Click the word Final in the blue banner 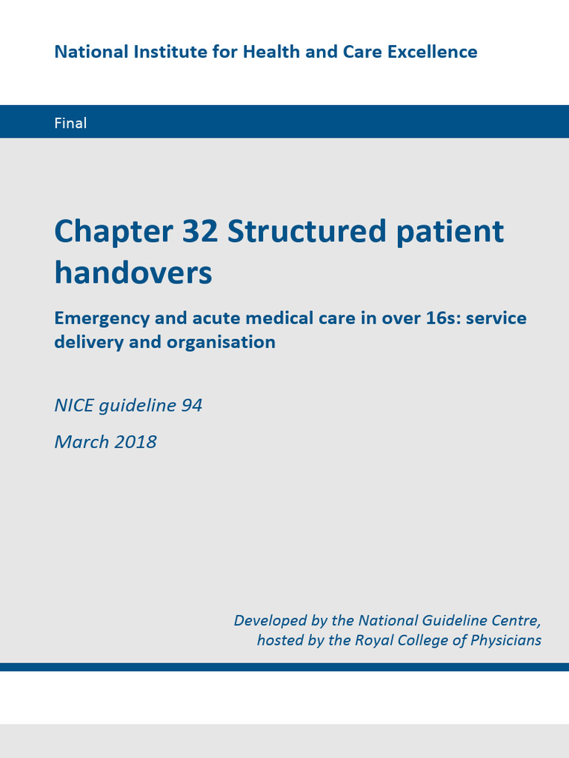(x=70, y=123)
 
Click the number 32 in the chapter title (x=199, y=232)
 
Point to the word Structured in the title (x=307, y=232)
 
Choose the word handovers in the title (x=133, y=273)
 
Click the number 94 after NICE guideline (x=191, y=406)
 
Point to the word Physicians (x=506, y=640)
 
